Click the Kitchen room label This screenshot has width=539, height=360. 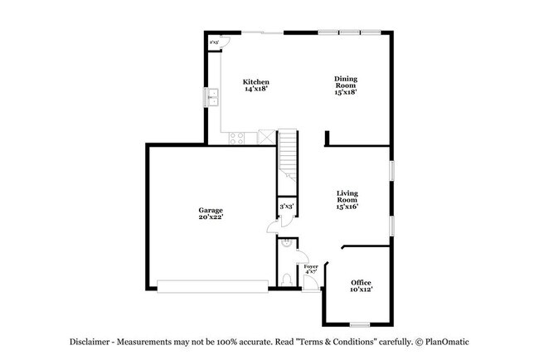pos(256,81)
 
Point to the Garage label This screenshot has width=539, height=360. pos(211,211)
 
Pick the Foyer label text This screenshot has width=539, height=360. pos(311,267)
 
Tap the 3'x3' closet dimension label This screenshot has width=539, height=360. pos(286,206)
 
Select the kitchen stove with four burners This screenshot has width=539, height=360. pos(236,137)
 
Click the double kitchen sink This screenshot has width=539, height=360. pos(212,96)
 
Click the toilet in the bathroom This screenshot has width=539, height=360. pos(286,278)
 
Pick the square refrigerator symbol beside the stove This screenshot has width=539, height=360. pos(266,137)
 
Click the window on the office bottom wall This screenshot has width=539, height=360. pos(359,324)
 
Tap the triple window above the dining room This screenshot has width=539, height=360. pos(349,32)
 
